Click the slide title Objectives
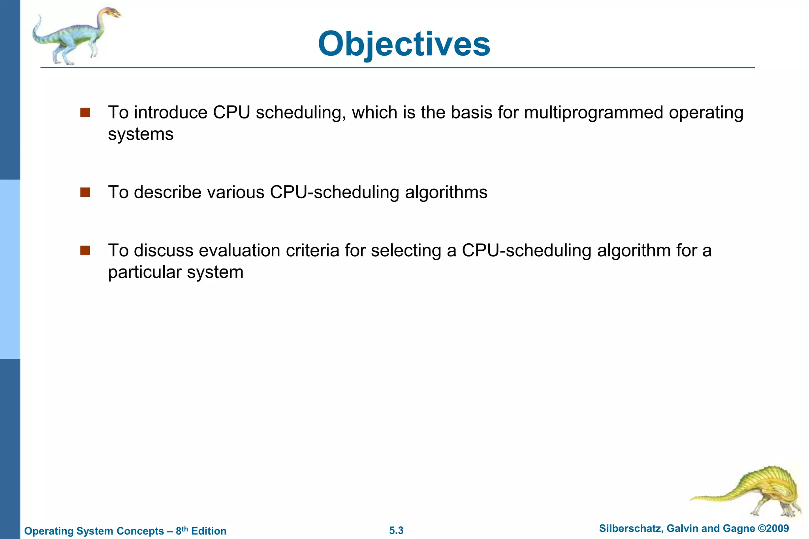pyautogui.click(x=404, y=44)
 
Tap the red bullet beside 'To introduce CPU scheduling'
pyautogui.click(x=85, y=113)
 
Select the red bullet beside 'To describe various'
pyautogui.click(x=85, y=192)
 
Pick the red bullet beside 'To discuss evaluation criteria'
pyautogui.click(x=85, y=250)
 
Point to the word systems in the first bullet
pyautogui.click(x=141, y=135)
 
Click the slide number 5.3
pyautogui.click(x=396, y=531)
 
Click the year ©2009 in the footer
pyautogui.click(x=773, y=529)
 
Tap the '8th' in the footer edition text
pyautogui.click(x=182, y=530)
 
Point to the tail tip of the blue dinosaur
pyautogui.click(x=39, y=17)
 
